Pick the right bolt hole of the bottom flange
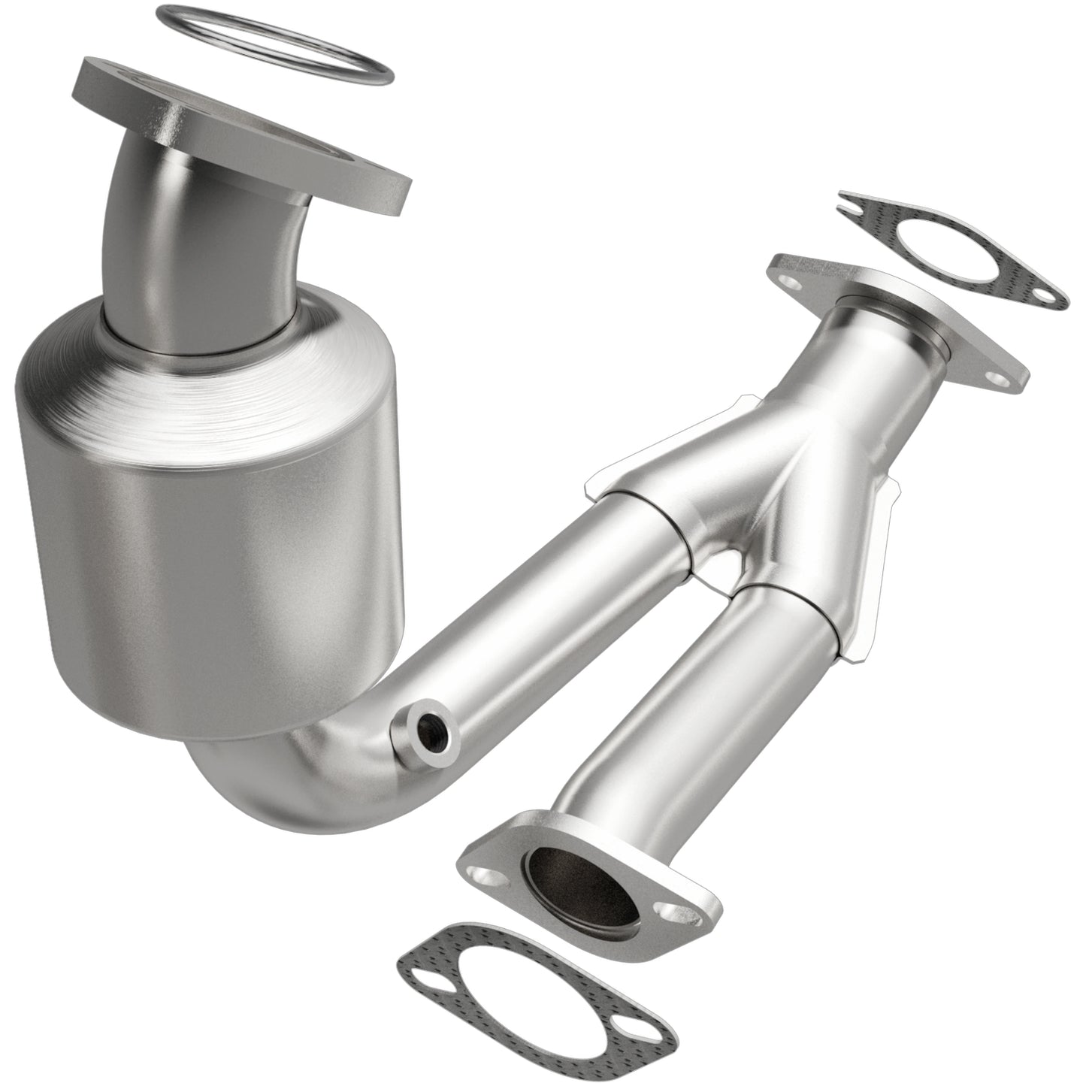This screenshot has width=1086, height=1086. [x=668, y=912]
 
